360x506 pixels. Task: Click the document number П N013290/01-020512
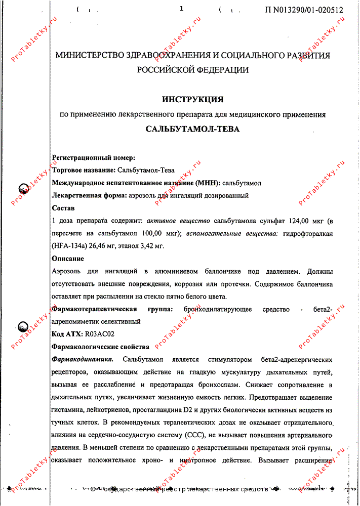[304, 10]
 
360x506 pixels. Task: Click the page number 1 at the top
[181, 9]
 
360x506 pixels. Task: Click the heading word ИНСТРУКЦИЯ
[193, 99]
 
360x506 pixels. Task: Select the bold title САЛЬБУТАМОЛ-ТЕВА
[193, 129]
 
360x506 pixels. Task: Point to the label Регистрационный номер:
[93, 158]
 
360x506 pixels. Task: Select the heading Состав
[63, 208]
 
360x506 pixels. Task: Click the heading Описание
[68, 259]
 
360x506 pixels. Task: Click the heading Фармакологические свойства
[101, 347]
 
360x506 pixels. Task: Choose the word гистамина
[68, 409]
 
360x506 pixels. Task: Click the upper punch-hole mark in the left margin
[23, 189]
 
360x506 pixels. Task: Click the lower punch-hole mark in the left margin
[23, 327]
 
